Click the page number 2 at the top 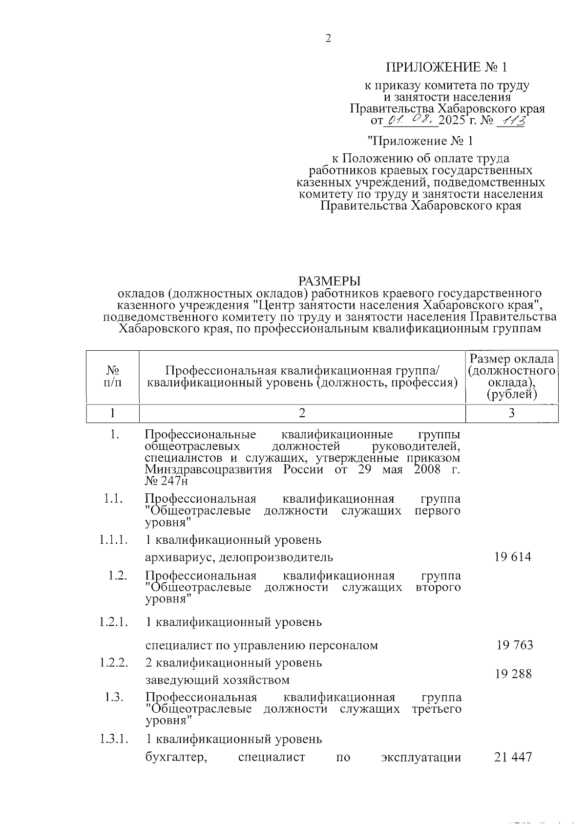[x=328, y=39]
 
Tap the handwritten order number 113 [x=510, y=120]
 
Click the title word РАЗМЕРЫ [x=329, y=281]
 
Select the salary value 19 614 [x=512, y=557]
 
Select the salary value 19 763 [x=515, y=645]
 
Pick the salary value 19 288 [x=513, y=674]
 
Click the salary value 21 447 [x=513, y=757]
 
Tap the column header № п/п [x=113, y=377]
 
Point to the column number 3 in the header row [x=511, y=413]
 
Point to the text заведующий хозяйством [x=217, y=680]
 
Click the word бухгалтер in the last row [x=173, y=758]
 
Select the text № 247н [x=166, y=481]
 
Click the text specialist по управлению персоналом [x=262, y=645]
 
